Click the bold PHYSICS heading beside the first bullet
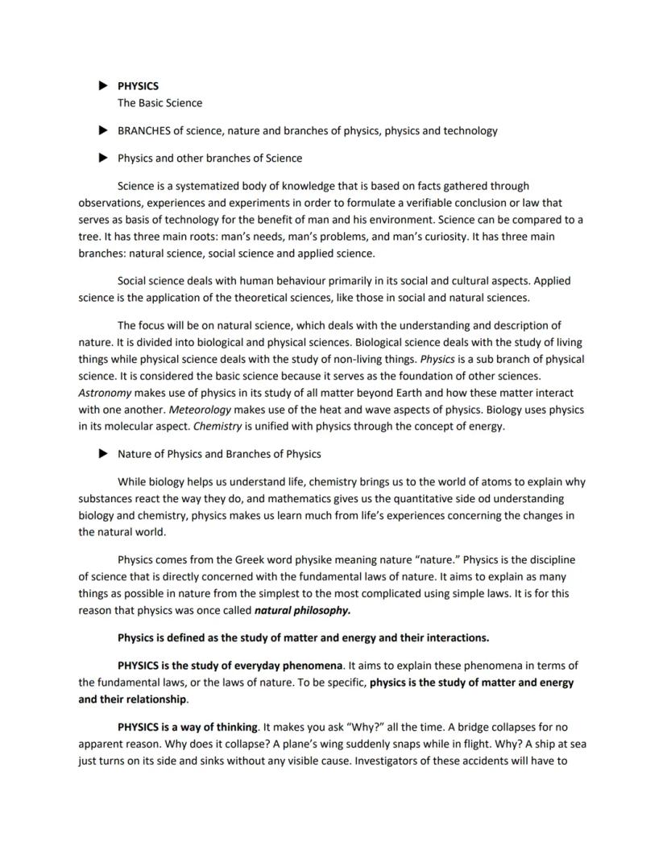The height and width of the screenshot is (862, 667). click(x=138, y=85)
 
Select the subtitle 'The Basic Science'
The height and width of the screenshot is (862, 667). click(x=159, y=103)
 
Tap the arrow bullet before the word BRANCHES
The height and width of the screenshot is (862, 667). click(x=102, y=130)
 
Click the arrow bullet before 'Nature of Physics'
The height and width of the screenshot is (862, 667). click(x=102, y=454)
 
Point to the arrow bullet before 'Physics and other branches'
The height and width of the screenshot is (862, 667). click(x=102, y=158)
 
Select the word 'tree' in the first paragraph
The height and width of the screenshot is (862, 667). click(x=89, y=237)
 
